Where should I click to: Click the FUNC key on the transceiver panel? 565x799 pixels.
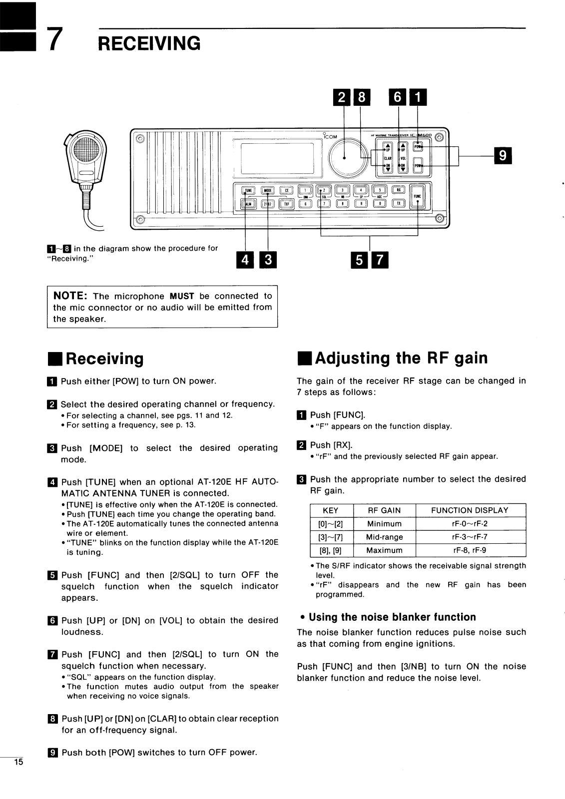[417, 196]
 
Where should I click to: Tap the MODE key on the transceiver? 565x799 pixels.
[268, 190]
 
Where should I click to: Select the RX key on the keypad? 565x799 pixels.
[398, 190]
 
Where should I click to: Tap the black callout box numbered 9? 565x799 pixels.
[503, 156]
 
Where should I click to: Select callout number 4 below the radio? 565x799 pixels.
[245, 260]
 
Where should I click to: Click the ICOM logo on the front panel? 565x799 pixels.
[330, 136]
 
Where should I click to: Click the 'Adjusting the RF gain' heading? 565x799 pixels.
[392, 358]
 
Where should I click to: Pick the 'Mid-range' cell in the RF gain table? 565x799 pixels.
[384, 537]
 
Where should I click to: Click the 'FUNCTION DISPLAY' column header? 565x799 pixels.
[470, 510]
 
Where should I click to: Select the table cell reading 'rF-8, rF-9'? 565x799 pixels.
[470, 550]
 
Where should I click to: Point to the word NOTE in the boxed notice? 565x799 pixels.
[70, 296]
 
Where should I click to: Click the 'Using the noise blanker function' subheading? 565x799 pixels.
[392, 617]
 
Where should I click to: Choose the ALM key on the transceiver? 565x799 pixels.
[248, 203]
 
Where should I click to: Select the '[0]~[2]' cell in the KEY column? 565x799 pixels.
[331, 524]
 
